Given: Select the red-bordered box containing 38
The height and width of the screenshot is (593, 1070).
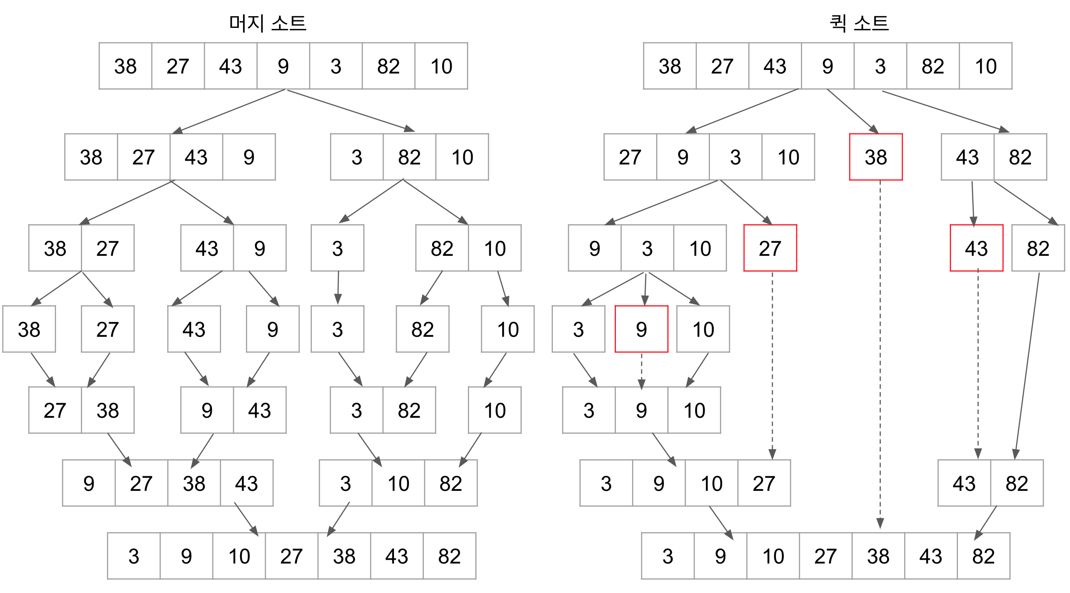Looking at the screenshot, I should point(875,157).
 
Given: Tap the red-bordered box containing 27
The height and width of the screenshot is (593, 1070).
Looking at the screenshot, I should point(770,248).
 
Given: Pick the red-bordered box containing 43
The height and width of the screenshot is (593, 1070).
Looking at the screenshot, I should point(976,248).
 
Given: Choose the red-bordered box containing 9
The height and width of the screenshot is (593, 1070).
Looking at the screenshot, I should point(641,329).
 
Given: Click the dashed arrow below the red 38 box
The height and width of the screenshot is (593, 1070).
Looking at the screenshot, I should point(880,353).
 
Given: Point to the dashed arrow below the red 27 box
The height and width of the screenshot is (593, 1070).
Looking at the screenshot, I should point(772,362).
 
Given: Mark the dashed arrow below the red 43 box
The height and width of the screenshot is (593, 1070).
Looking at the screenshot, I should point(978,362).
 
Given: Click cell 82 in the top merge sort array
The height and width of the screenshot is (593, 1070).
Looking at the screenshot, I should point(388,66).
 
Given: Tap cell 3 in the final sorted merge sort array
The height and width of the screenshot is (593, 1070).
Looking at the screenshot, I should point(134,556).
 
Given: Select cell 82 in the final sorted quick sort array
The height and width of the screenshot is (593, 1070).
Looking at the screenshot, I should point(983,556).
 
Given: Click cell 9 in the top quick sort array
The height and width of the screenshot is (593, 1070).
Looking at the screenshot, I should point(827,66).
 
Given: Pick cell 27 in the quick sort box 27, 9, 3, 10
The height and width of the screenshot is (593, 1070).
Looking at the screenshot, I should point(630,157).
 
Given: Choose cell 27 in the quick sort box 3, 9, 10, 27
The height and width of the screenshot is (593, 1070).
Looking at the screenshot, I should point(764,483).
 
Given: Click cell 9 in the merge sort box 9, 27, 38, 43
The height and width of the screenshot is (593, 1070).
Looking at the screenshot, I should point(89,483).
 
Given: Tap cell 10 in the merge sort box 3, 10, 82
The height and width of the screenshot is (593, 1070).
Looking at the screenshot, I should point(398,483).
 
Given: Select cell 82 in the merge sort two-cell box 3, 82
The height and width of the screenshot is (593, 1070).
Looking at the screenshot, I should point(409,410).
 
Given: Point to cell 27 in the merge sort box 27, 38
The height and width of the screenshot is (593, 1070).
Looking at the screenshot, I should point(55,410).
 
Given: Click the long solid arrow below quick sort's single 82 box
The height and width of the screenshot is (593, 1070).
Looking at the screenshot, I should point(1027,366).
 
